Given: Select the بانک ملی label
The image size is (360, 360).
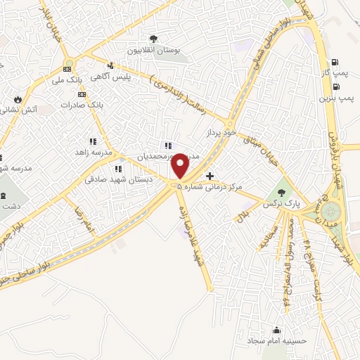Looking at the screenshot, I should [x=75, y=81].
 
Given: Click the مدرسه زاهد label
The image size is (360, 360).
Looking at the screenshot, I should [x=94, y=152].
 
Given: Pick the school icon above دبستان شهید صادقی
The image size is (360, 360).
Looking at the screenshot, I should [x=118, y=169].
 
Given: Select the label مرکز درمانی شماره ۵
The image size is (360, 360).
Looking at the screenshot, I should [x=219, y=187].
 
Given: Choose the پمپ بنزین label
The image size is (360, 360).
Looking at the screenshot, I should [x=336, y=99].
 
